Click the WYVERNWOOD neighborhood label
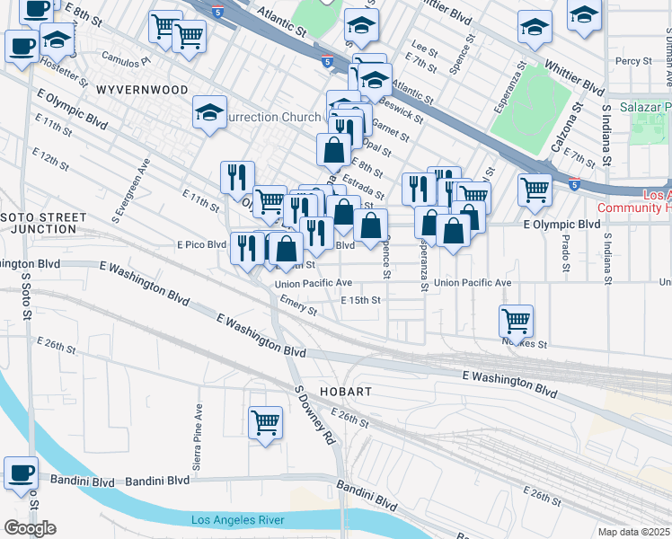coord(143,90)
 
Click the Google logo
coord(30,528)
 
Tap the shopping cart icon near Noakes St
coord(517,320)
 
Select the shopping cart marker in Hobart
coord(265,421)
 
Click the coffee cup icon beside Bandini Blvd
coord(21,472)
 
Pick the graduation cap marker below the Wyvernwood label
coord(209,113)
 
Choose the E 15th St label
coord(361,300)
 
